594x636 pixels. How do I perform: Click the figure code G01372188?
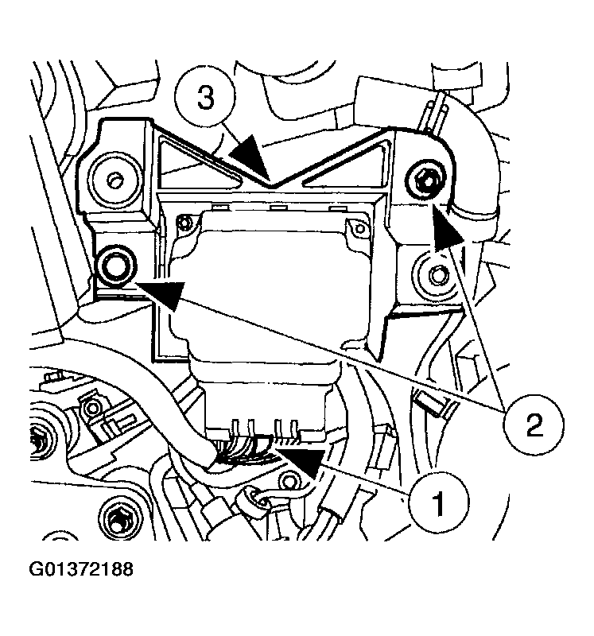pyautogui.click(x=82, y=570)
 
